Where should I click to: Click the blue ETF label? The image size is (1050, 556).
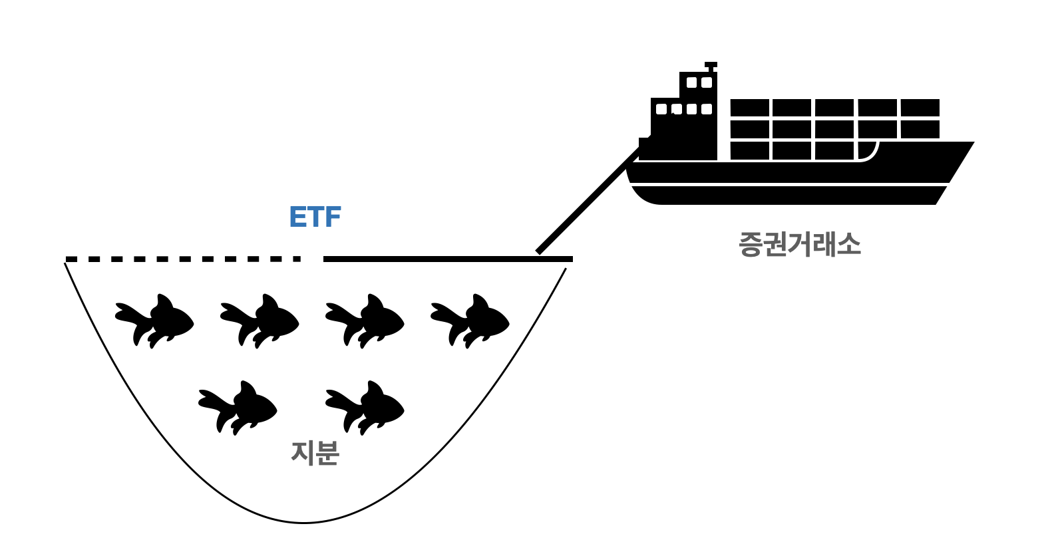[315, 217]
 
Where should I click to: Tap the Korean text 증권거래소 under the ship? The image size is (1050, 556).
[799, 244]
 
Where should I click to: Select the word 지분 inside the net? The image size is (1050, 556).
[315, 453]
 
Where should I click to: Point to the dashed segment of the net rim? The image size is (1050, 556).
[183, 259]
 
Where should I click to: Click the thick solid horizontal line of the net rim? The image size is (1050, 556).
[448, 259]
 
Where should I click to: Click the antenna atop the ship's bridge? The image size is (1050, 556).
[711, 66]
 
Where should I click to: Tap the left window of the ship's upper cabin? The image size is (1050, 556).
[691, 82]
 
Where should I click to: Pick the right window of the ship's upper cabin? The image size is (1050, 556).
[707, 82]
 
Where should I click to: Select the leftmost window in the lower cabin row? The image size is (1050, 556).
[661, 109]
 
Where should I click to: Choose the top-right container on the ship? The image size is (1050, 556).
[920, 108]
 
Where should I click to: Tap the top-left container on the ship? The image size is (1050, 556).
[750, 108]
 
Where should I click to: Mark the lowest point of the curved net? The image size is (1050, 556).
[303, 523]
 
